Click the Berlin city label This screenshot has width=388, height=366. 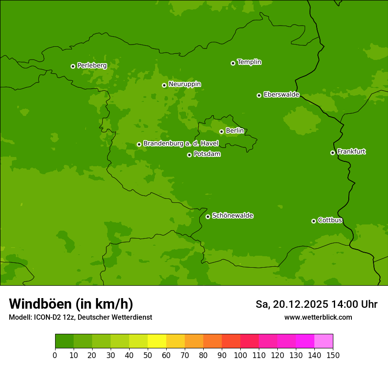235,131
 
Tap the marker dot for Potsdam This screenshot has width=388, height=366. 189,155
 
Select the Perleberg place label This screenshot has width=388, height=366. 92,66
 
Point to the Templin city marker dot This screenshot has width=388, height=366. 233,63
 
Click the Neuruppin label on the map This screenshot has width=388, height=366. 184,84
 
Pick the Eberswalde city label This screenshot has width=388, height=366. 281,95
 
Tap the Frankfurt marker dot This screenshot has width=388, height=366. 332,153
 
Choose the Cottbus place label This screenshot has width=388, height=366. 330,220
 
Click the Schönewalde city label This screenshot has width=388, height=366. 232,216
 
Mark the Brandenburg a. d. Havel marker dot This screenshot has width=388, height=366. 139,144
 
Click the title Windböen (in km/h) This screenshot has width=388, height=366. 71,304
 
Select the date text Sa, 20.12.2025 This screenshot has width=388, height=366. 292,304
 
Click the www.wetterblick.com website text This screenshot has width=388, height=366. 318,317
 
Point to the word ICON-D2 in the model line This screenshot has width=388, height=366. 45,317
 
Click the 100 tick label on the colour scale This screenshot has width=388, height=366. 240,355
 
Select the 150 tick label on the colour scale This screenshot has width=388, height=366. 333,355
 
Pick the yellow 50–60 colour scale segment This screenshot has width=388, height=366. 157,341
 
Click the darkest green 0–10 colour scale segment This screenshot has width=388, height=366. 64,341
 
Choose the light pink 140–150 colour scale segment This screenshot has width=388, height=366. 324,341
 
